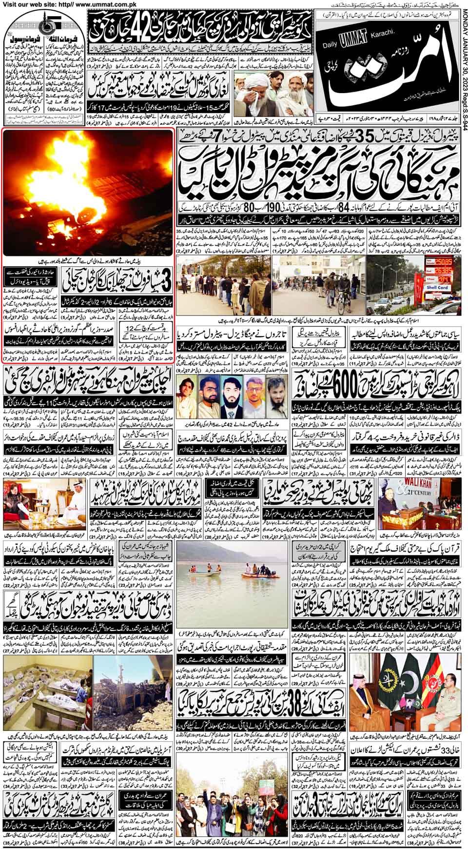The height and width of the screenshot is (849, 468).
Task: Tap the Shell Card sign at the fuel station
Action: point(436,287)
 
